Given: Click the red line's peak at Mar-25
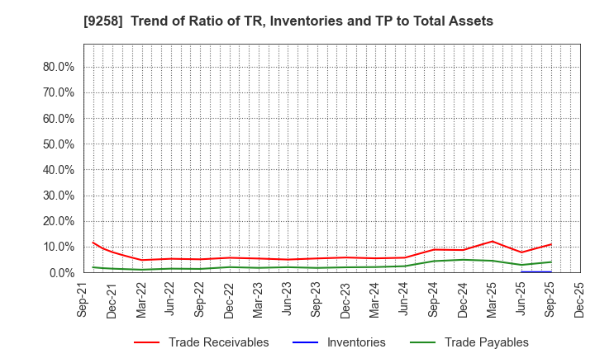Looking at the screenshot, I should tap(493, 242).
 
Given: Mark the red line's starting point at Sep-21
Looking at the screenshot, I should tap(93, 243).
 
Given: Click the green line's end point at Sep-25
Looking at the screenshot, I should tap(551, 262).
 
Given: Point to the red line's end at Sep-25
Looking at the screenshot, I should tap(551, 244).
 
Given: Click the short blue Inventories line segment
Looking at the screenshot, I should tap(536, 271).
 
